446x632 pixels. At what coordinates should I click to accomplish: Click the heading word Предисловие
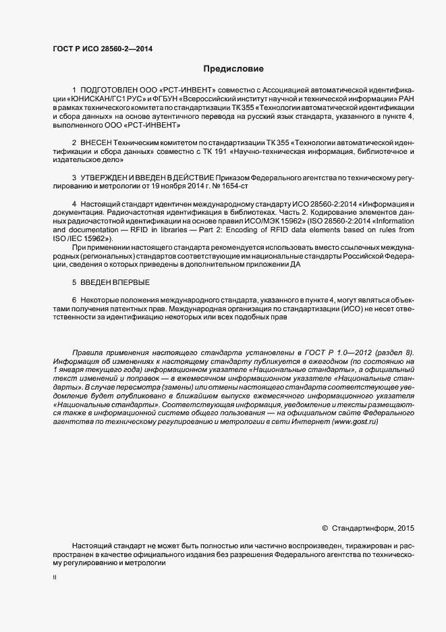(x=234, y=69)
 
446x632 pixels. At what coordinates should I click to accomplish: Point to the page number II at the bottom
(x=55, y=578)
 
